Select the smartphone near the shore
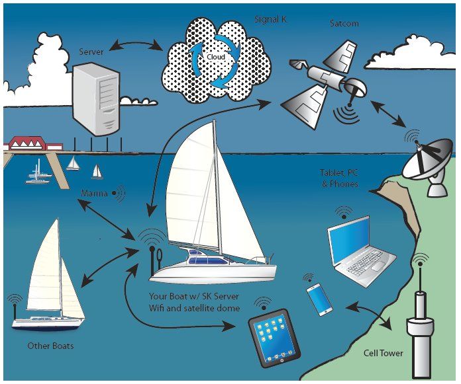pyautogui.click(x=319, y=298)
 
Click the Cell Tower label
pyautogui.click(x=383, y=353)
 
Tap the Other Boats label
pyautogui.click(x=50, y=346)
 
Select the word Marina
pyautogui.click(x=95, y=193)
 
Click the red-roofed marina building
pyautogui.click(x=33, y=142)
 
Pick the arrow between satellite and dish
pyautogui.click(x=384, y=114)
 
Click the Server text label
pyautogui.click(x=91, y=51)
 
